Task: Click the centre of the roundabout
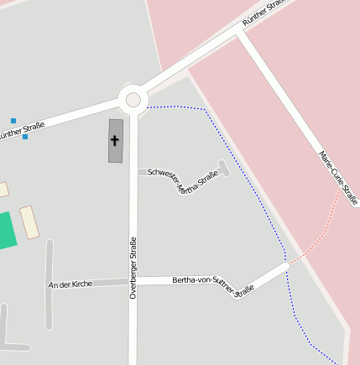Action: [133, 101]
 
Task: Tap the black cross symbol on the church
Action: [115, 140]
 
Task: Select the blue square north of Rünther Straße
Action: [13, 121]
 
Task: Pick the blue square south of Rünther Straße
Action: [25, 136]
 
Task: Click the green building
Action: [7, 231]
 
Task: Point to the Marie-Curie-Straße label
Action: [338, 177]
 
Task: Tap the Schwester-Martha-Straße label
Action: [182, 179]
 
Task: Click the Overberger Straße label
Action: [133, 269]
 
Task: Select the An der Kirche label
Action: [70, 284]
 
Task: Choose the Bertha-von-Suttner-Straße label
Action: [212, 285]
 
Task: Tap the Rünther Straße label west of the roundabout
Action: [21, 131]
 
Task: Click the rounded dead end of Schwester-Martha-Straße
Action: [222, 165]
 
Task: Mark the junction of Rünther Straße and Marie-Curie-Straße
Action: [241, 34]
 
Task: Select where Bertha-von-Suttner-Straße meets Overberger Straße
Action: [133, 280]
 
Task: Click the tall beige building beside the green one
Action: [29, 222]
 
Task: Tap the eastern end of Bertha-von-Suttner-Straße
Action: [285, 265]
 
